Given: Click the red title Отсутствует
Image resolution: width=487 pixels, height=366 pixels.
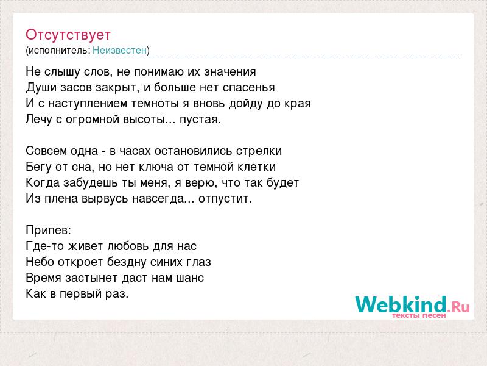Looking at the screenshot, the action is tap(68, 35).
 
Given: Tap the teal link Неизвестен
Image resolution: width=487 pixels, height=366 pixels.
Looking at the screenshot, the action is tap(119, 50).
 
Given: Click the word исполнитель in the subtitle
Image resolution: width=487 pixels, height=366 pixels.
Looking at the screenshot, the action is tap(59, 51).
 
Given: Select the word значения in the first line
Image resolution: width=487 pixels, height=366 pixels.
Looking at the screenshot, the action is tap(230, 72).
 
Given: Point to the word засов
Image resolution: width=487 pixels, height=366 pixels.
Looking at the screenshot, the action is tap(76, 87).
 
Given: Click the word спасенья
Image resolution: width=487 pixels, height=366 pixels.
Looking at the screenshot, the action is tap(249, 88).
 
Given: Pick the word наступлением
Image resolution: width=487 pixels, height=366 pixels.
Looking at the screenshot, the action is tap(88, 104).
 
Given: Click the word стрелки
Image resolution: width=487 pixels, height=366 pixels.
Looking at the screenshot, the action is tap(259, 151).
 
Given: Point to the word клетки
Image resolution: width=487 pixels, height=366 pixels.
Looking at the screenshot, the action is tap(256, 167).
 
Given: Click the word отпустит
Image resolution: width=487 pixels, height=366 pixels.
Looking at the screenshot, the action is tap(225, 199).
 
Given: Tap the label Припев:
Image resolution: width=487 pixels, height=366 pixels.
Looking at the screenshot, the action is tap(49, 231).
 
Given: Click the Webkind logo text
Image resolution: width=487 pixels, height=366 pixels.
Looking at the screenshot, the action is tap(401, 304).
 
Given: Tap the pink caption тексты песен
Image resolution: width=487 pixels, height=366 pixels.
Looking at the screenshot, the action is tap(419, 315).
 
